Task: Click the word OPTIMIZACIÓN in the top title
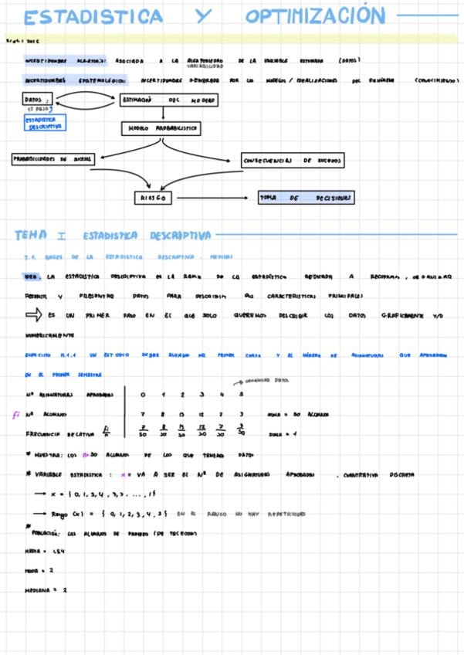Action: tap(315, 16)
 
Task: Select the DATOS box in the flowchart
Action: tap(36, 100)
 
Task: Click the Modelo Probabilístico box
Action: tap(161, 128)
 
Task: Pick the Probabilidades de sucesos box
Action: tap(52, 158)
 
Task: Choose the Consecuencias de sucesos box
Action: tap(292, 161)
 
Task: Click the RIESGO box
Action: tap(154, 199)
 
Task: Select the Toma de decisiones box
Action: tap(307, 199)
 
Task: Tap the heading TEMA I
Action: tap(41, 235)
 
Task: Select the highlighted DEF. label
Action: tap(32, 275)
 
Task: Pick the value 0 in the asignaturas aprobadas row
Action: tap(143, 395)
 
